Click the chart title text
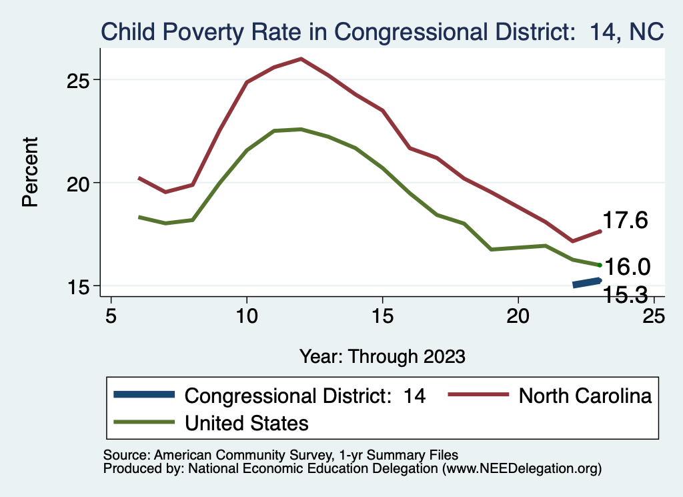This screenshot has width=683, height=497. (x=382, y=31)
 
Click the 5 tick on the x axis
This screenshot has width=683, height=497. (x=111, y=316)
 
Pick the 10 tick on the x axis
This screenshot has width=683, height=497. (x=247, y=316)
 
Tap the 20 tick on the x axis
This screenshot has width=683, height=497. (x=518, y=316)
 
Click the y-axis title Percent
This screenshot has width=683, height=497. (x=31, y=171)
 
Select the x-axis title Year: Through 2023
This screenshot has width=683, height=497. (x=382, y=356)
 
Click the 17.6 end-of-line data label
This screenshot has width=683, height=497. (x=625, y=221)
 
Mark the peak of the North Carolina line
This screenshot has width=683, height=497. (x=301, y=59)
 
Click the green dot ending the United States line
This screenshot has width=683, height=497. (x=600, y=265)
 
